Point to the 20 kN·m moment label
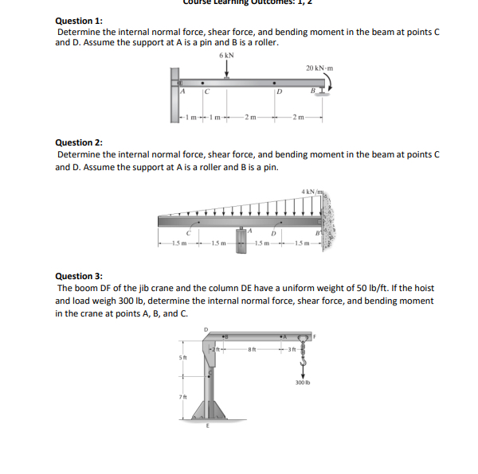pos(319,68)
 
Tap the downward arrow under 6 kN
pos(226,69)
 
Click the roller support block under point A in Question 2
pos(240,242)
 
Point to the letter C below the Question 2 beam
pos(188,232)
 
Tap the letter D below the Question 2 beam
pos(273,232)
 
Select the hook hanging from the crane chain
pos(303,361)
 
